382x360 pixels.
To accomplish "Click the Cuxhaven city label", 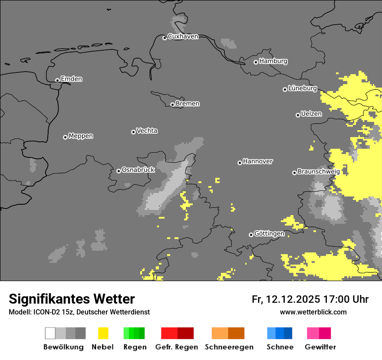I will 183,37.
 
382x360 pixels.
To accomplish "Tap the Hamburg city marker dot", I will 256,62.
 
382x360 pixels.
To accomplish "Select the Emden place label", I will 71,79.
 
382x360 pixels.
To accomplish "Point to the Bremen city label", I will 188,104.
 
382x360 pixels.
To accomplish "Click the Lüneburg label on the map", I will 303,88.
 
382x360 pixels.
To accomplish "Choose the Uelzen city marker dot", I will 298,115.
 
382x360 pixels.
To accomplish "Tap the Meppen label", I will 81,136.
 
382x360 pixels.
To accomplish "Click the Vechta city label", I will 147,131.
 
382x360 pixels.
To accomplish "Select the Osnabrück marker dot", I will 119,171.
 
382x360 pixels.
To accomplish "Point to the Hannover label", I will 258,162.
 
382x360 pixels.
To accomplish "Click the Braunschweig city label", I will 319,172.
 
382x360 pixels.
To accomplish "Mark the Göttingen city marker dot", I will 251,235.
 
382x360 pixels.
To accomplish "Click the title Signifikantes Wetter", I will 72,299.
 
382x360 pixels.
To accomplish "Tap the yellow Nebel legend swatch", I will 103,333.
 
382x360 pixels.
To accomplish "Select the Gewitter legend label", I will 320,347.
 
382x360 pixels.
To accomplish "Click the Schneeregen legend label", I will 229,347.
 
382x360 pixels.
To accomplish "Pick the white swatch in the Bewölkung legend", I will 50,333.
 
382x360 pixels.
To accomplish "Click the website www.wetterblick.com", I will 313,312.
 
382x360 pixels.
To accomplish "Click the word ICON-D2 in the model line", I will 45,312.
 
